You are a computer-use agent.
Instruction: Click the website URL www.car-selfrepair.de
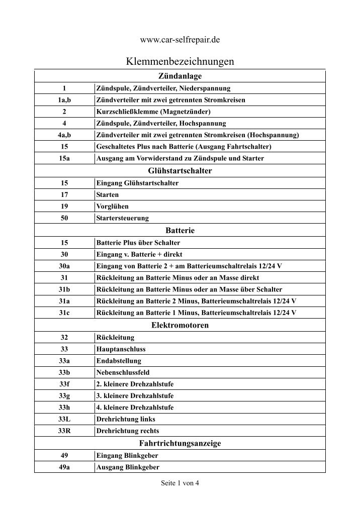tap(179, 39)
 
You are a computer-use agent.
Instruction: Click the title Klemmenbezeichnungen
tap(179, 62)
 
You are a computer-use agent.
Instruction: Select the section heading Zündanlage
tap(179, 76)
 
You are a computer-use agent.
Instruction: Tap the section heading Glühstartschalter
tap(179, 171)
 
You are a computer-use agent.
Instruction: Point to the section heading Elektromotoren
tap(179, 325)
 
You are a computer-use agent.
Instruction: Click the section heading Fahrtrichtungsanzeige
tap(179, 443)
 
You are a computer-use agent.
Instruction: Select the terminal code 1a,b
tap(64, 100)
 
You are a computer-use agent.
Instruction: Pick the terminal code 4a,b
tap(64, 135)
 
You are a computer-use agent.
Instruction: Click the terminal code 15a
tap(64, 159)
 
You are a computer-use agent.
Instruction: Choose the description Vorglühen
tap(112, 206)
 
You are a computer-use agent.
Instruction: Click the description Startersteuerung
tap(122, 218)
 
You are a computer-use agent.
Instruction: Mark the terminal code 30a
tap(64, 265)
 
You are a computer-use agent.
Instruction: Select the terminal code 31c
tap(64, 313)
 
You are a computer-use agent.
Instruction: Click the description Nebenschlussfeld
tap(123, 372)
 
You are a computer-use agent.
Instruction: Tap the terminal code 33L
tap(64, 419)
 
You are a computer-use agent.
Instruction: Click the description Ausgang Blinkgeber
tap(127, 467)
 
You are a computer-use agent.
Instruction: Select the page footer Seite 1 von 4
tap(179, 483)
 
